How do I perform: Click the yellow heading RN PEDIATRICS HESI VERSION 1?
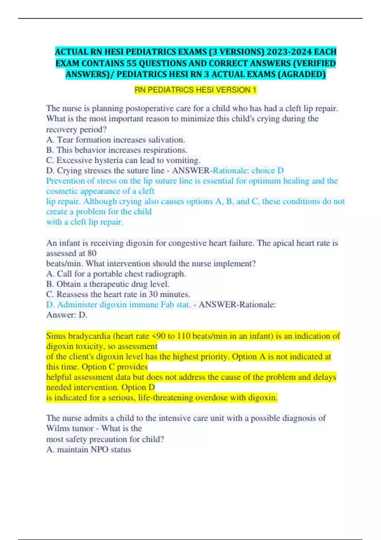(195, 90)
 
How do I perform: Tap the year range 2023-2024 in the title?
(289, 52)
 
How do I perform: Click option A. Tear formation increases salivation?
(116, 140)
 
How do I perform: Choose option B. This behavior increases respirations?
(117, 150)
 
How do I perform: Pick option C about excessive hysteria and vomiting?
(123, 160)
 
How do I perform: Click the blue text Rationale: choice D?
(248, 171)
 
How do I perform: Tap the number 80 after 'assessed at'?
(91, 253)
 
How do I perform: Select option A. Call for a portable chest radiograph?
(116, 274)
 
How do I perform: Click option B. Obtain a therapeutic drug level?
(108, 284)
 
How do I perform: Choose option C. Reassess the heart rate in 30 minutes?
(118, 294)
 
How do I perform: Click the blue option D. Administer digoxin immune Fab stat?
(118, 305)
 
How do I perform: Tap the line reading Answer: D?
(67, 315)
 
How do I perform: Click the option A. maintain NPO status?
(89, 449)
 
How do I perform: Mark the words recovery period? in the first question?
(76, 130)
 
